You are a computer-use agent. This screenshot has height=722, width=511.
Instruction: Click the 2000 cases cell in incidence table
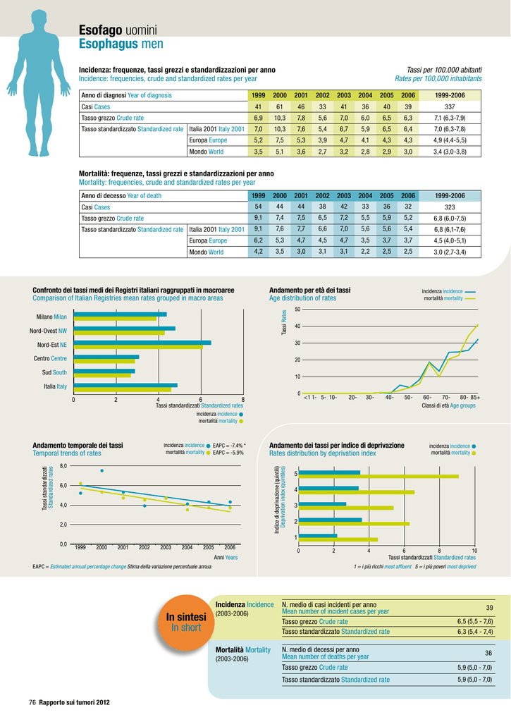pos(279,107)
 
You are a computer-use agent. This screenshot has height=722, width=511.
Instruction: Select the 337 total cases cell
pos(449,107)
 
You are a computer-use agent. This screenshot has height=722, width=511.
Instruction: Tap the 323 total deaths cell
pos(449,207)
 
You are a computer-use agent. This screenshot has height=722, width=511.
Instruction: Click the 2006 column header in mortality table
pos(408,196)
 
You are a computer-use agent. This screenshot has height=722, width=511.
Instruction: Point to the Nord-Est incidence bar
pos(142,343)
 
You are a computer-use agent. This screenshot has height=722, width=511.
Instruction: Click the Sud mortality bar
pos(102,375)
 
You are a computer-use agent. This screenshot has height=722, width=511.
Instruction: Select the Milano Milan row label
pos(51,317)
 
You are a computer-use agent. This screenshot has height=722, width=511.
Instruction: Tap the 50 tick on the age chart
pos(297,310)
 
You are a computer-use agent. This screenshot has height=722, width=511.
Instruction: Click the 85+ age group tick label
pos(475,398)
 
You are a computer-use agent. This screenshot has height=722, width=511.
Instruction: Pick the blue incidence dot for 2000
pos(101,470)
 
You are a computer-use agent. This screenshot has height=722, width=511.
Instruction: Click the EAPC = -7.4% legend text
pos(229,446)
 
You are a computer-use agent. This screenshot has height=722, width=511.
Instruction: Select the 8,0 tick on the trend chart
pos(63,466)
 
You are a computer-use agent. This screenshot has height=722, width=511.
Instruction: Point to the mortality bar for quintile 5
pos(378,476)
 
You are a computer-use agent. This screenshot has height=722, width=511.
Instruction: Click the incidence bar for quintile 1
pos(318,536)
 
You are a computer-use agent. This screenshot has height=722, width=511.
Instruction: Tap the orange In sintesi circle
pos(186,622)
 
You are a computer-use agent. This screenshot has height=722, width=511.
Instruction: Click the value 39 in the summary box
pos(489,608)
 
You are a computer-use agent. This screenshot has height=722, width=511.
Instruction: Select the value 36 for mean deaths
pos(488,653)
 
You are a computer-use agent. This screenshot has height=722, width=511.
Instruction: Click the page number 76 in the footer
pos(32,703)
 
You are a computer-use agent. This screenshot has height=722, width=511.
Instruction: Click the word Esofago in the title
pos(100,30)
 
